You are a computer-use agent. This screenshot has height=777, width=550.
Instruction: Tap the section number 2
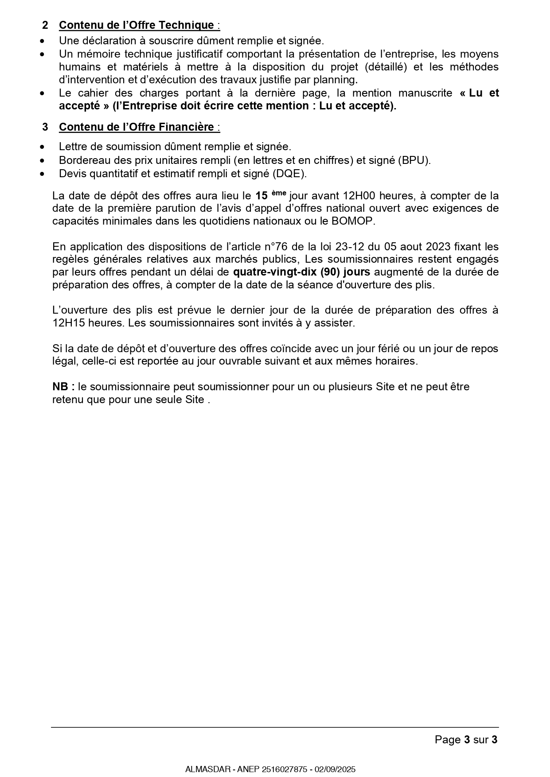pyautogui.click(x=45, y=25)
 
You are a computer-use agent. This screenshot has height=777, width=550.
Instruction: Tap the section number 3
pyautogui.click(x=45, y=127)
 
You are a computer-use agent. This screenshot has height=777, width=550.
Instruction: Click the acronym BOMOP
pyautogui.click(x=352, y=221)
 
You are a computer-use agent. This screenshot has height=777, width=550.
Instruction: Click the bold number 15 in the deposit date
pyautogui.click(x=261, y=196)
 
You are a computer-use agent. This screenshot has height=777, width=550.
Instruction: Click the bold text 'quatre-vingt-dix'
pyautogui.click(x=275, y=272)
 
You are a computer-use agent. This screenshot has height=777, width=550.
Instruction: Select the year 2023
pyautogui.click(x=438, y=247)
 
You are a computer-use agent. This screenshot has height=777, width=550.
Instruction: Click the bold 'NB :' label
pyautogui.click(x=63, y=387)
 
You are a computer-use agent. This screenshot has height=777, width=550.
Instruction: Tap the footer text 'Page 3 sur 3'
pyautogui.click(x=466, y=739)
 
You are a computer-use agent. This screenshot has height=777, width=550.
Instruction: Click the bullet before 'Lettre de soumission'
pyautogui.click(x=42, y=147)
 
